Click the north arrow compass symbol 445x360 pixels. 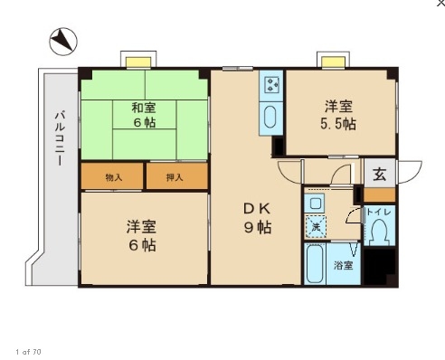63,42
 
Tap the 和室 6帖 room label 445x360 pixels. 144,115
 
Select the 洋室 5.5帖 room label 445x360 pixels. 338,115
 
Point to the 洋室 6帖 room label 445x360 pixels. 142,236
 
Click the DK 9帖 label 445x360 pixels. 258,218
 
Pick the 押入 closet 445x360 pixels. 177,176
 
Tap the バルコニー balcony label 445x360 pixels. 60,138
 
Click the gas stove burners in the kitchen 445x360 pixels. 271,84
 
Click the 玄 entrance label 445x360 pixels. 380,175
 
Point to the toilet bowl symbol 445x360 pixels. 380,231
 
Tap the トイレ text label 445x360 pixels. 379,212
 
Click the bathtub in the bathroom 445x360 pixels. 315,264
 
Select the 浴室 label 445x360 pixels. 343,266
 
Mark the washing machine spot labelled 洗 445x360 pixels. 316,226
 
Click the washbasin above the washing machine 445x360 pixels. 315,204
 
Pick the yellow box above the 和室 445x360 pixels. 138,62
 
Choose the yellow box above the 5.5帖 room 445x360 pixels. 333,62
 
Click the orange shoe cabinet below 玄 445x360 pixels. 379,195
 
